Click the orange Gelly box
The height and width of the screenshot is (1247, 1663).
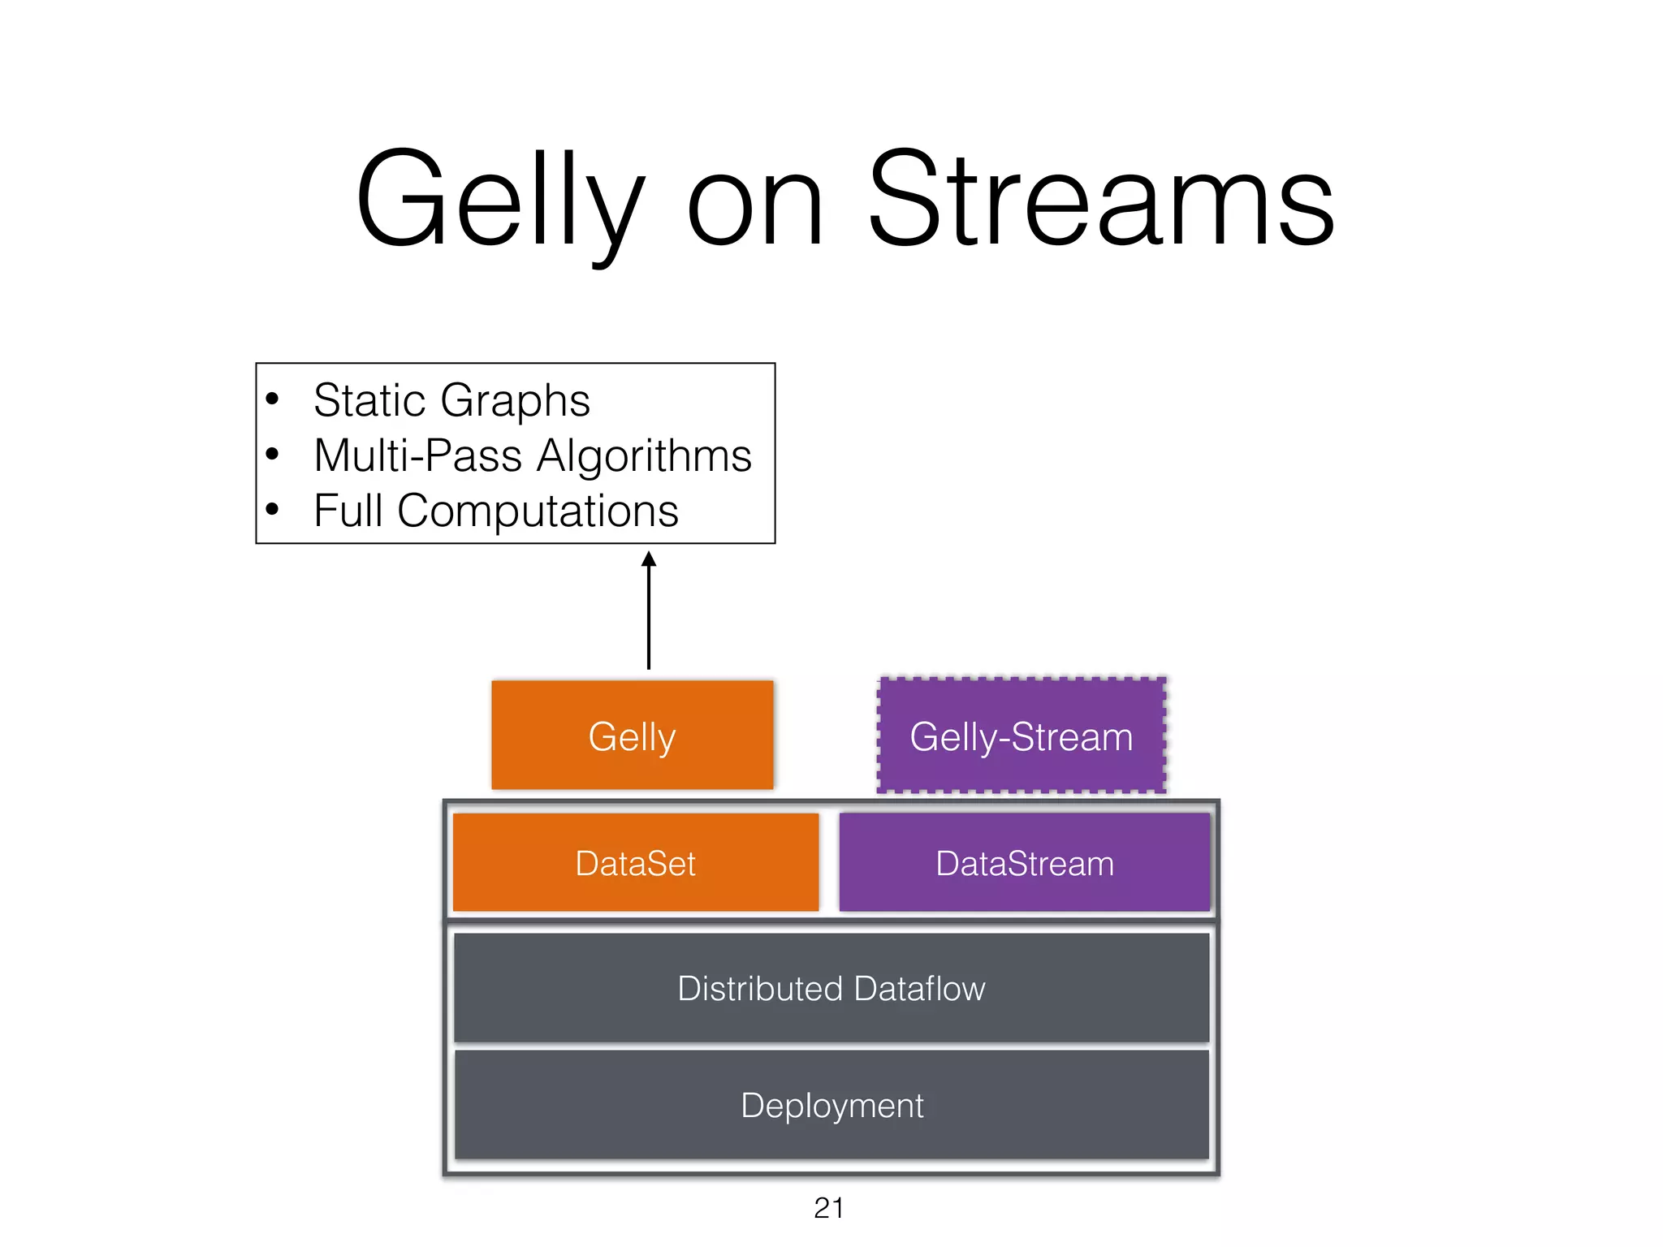(x=633, y=736)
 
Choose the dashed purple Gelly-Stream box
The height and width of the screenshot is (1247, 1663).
(x=1022, y=736)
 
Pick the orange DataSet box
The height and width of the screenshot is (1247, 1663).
(x=635, y=863)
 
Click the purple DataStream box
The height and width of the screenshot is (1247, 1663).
(x=1025, y=863)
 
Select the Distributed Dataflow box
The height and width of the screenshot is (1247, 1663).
(x=831, y=988)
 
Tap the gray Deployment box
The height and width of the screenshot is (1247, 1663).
(x=831, y=1105)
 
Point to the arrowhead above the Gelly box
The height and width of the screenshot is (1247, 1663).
(x=649, y=559)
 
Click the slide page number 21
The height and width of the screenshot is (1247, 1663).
(x=829, y=1208)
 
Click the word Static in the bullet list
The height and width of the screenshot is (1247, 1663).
(x=369, y=400)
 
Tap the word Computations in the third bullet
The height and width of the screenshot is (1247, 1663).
(x=538, y=511)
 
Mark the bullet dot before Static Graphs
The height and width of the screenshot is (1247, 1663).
(x=273, y=399)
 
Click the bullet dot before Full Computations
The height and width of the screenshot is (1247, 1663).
(x=273, y=510)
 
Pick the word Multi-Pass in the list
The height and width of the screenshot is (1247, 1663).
(x=418, y=455)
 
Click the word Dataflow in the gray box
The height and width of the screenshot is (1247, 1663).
(x=919, y=988)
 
